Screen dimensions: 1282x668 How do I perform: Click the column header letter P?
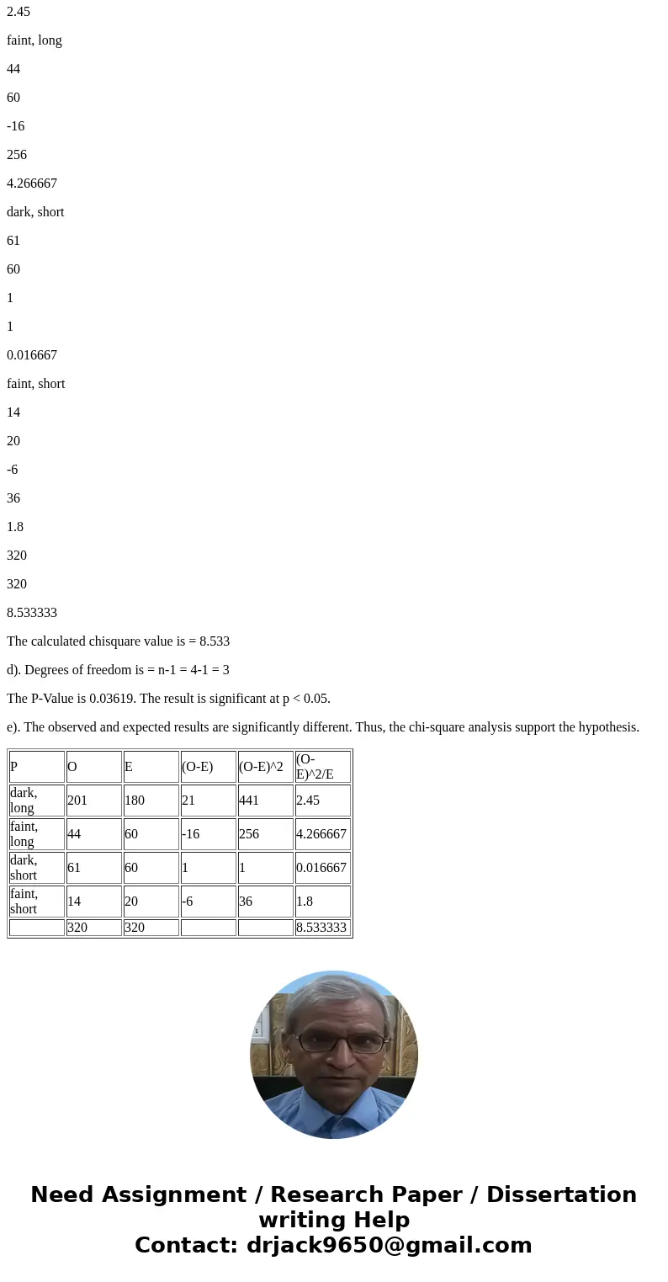[x=14, y=767]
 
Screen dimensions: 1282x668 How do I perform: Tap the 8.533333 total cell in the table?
[x=321, y=928]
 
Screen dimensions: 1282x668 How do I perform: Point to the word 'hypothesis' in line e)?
[x=608, y=727]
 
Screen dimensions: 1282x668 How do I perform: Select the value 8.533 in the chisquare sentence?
[x=214, y=641]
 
